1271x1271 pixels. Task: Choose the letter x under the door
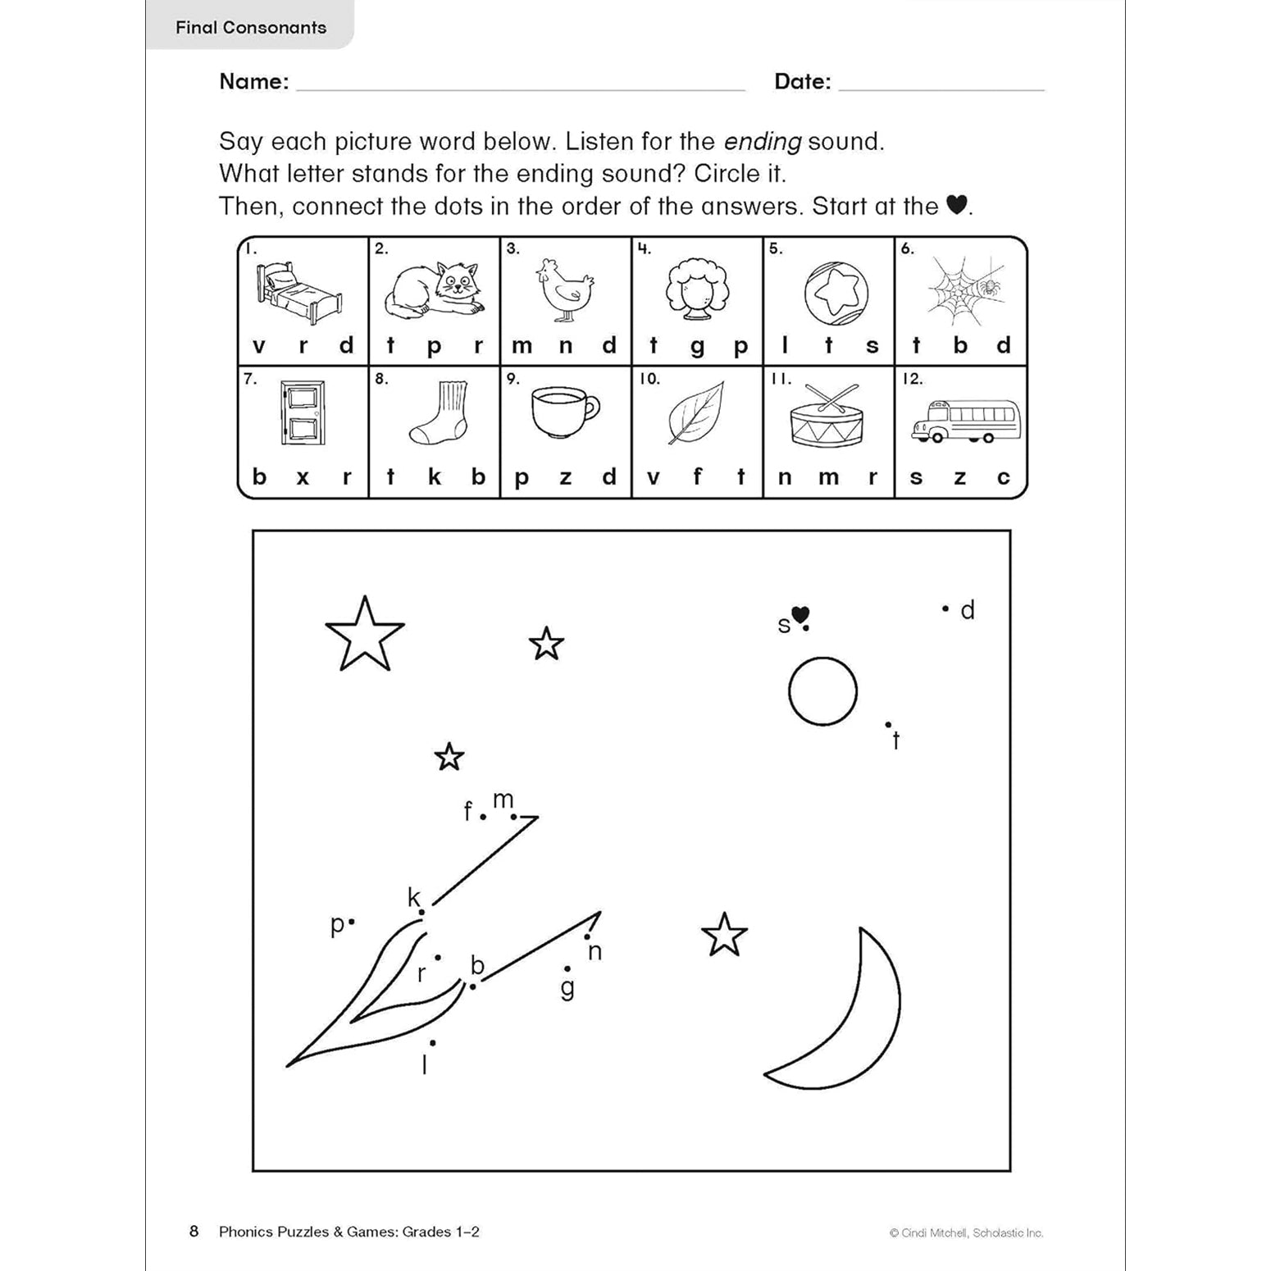(303, 478)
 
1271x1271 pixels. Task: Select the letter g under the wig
(697, 347)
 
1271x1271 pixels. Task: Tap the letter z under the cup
(565, 478)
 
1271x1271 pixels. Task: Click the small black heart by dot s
(800, 615)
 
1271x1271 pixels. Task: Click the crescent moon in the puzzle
(853, 1017)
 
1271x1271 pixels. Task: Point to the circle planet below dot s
(822, 691)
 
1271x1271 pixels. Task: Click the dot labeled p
(352, 922)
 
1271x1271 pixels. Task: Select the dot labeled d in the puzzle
(945, 608)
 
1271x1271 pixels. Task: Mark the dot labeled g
(567, 969)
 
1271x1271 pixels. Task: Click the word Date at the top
(802, 81)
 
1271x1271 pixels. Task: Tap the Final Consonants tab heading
(251, 27)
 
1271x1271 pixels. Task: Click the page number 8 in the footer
(194, 1231)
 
